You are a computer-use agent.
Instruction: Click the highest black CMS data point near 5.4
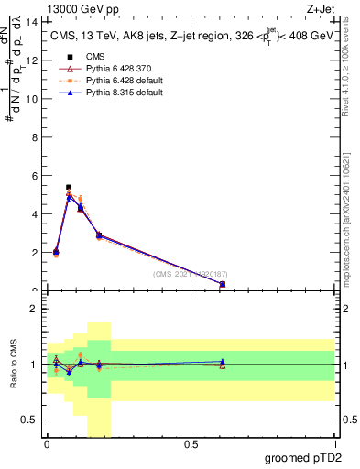click(69, 187)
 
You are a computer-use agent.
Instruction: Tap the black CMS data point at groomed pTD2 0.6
click(223, 284)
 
